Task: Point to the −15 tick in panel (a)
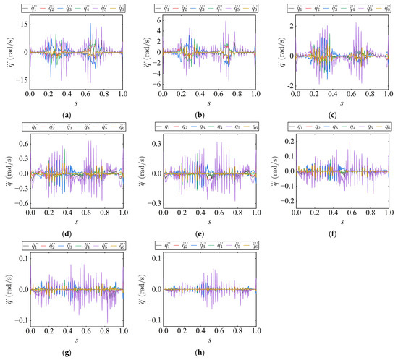pos(21,80)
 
